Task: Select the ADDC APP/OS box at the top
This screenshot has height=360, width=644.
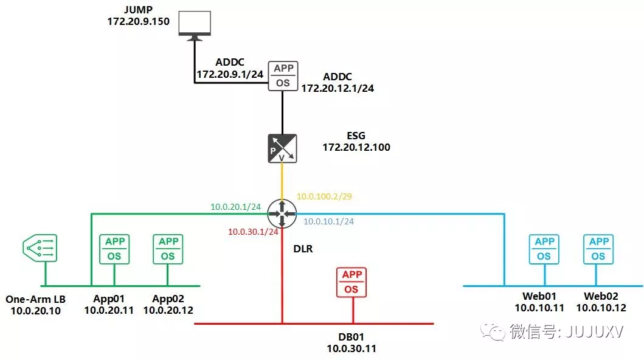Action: click(x=283, y=75)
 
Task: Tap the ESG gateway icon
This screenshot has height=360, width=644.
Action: click(x=282, y=148)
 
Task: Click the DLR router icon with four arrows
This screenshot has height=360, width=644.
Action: click(x=282, y=213)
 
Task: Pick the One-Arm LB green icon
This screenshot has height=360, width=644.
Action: click(x=40, y=248)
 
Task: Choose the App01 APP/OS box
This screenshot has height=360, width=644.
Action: click(x=114, y=249)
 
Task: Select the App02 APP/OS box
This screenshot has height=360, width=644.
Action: click(x=168, y=249)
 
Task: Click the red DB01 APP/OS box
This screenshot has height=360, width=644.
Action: click(x=351, y=282)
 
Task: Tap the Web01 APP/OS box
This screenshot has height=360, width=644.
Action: click(x=544, y=249)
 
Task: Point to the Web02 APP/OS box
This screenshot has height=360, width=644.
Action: click(x=598, y=249)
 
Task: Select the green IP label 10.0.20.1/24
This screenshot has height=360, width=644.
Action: click(x=235, y=207)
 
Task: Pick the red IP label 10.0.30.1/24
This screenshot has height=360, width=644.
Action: click(x=252, y=232)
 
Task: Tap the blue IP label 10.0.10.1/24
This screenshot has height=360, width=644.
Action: click(x=328, y=222)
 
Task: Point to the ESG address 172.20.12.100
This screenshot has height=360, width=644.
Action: click(x=356, y=147)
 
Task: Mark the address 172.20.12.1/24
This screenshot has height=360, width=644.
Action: click(x=338, y=88)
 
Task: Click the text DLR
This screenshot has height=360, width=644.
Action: click(x=302, y=249)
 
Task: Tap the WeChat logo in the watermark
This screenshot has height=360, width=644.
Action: click(x=493, y=332)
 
